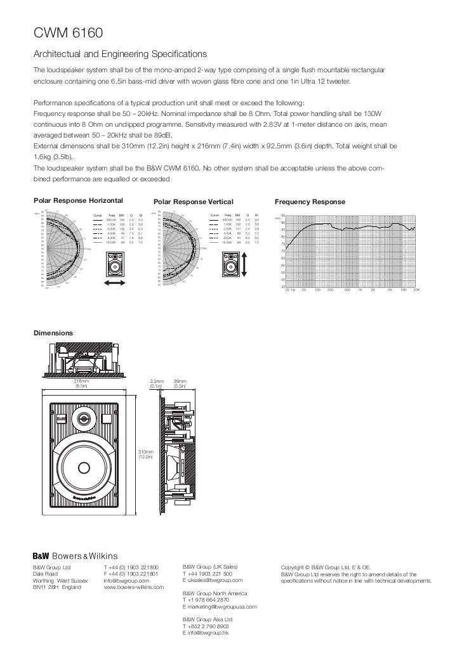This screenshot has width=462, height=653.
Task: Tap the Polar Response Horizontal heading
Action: [78, 202]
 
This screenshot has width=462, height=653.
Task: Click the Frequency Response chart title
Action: [310, 202]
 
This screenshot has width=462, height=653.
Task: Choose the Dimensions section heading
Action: [53, 333]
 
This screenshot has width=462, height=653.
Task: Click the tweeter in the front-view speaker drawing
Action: [84, 418]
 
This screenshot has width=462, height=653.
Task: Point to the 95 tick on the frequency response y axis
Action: [282, 215]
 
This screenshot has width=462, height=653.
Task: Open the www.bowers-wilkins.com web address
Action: [134, 587]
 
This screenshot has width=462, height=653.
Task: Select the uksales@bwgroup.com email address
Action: [211, 580]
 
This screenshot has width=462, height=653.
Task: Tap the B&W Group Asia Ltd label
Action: [208, 619]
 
